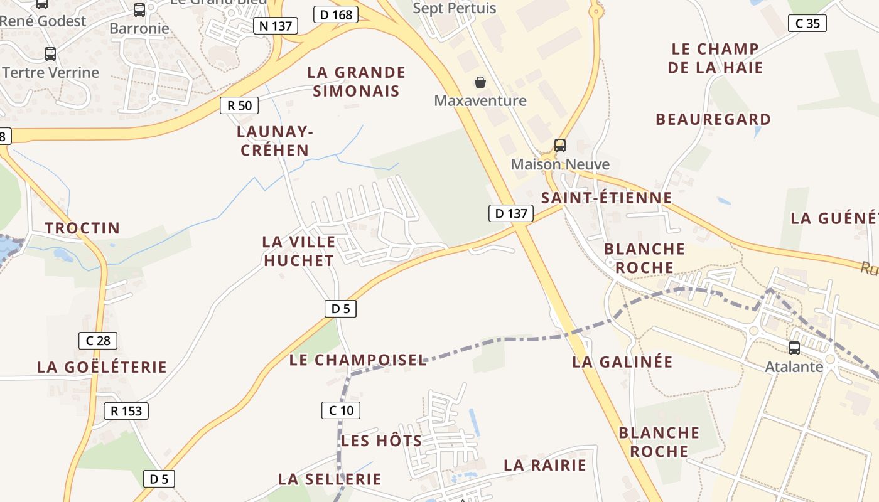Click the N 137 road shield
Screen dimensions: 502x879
276,26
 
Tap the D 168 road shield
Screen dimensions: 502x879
336,14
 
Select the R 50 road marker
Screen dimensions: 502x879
239,105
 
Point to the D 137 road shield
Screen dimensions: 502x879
511,213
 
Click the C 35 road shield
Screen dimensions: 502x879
807,24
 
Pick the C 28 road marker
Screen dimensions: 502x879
98,341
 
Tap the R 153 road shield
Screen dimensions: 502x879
126,411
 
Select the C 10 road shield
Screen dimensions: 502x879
341,410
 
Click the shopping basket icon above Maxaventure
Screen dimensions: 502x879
480,82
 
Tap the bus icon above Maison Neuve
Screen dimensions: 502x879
560,146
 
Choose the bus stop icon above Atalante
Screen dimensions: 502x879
794,348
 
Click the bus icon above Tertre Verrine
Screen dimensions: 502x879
50,54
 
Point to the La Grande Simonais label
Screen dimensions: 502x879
356,82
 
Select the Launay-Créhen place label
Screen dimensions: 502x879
275,141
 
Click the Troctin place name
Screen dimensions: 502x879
82,228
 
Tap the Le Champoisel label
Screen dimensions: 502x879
358,360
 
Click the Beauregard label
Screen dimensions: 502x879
713,119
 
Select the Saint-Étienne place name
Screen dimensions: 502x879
607,198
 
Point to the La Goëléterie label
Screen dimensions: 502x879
102,367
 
